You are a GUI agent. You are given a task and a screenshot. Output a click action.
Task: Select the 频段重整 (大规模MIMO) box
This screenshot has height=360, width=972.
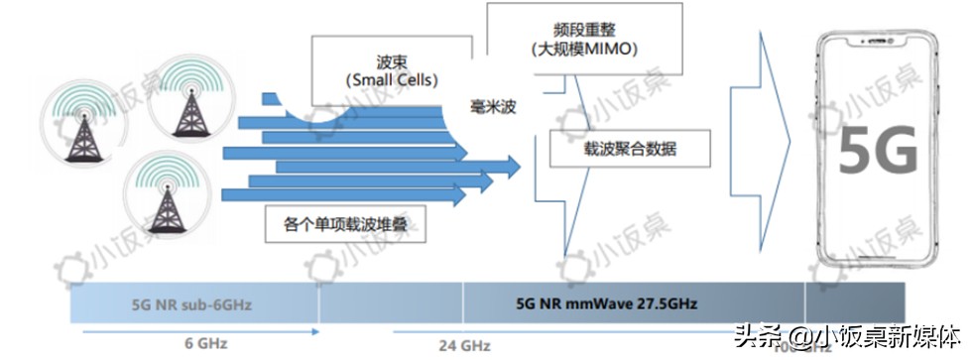583,39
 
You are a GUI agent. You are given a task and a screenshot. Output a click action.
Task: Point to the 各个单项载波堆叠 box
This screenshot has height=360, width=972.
345,224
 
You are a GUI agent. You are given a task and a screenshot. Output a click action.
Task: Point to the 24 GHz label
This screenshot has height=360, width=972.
465,346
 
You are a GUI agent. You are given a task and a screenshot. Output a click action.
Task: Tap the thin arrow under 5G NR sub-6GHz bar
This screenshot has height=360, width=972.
198,328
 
